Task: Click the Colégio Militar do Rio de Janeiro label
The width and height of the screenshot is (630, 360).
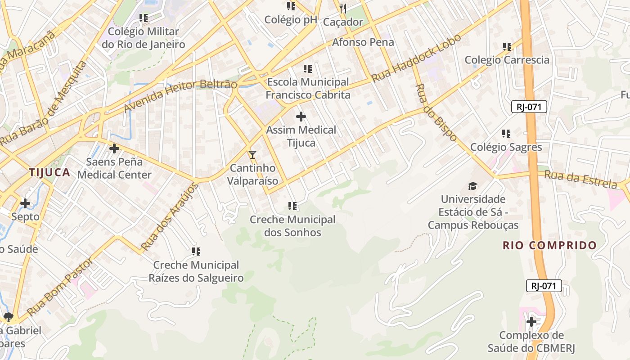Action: click(143, 38)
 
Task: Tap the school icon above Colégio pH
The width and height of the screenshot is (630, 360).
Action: click(291, 6)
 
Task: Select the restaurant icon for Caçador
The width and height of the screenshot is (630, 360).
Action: click(343, 8)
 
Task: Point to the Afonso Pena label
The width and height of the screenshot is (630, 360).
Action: click(363, 42)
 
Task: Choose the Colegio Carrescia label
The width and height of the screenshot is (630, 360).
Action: click(507, 60)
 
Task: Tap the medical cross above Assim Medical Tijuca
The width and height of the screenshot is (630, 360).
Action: click(301, 117)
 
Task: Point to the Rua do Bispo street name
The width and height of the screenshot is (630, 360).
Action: click(436, 112)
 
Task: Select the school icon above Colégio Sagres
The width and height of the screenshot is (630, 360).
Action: click(506, 134)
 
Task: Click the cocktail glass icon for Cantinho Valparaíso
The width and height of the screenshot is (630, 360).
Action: click(252, 155)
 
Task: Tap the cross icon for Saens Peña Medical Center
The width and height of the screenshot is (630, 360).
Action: click(114, 148)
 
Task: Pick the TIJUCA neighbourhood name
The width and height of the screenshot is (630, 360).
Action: click(49, 172)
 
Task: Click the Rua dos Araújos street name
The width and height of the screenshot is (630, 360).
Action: click(169, 217)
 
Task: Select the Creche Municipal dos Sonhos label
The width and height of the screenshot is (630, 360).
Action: click(292, 226)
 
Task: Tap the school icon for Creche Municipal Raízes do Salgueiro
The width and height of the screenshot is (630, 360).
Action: click(196, 252)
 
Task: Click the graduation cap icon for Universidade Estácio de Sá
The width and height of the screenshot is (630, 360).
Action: click(472, 186)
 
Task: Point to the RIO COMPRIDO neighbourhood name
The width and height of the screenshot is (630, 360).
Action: click(549, 246)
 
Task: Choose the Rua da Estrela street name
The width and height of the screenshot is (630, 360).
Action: click(580, 179)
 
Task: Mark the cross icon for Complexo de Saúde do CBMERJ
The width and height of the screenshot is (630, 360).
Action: click(531, 322)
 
